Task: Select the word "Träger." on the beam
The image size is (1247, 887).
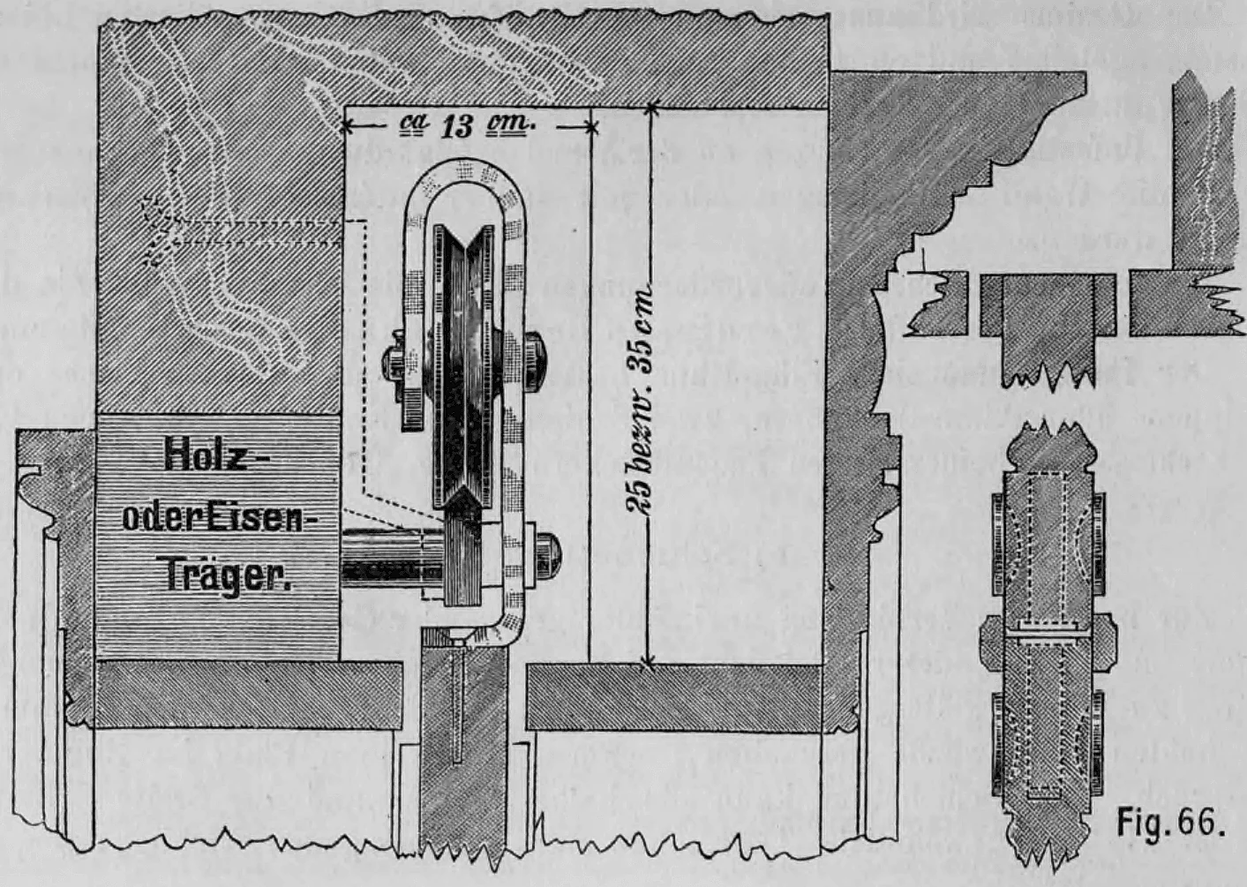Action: pyautogui.click(x=229, y=578)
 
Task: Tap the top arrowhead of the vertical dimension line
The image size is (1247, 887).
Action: pyautogui.click(x=651, y=110)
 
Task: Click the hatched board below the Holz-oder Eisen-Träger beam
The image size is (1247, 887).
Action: pyautogui.click(x=243, y=695)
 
